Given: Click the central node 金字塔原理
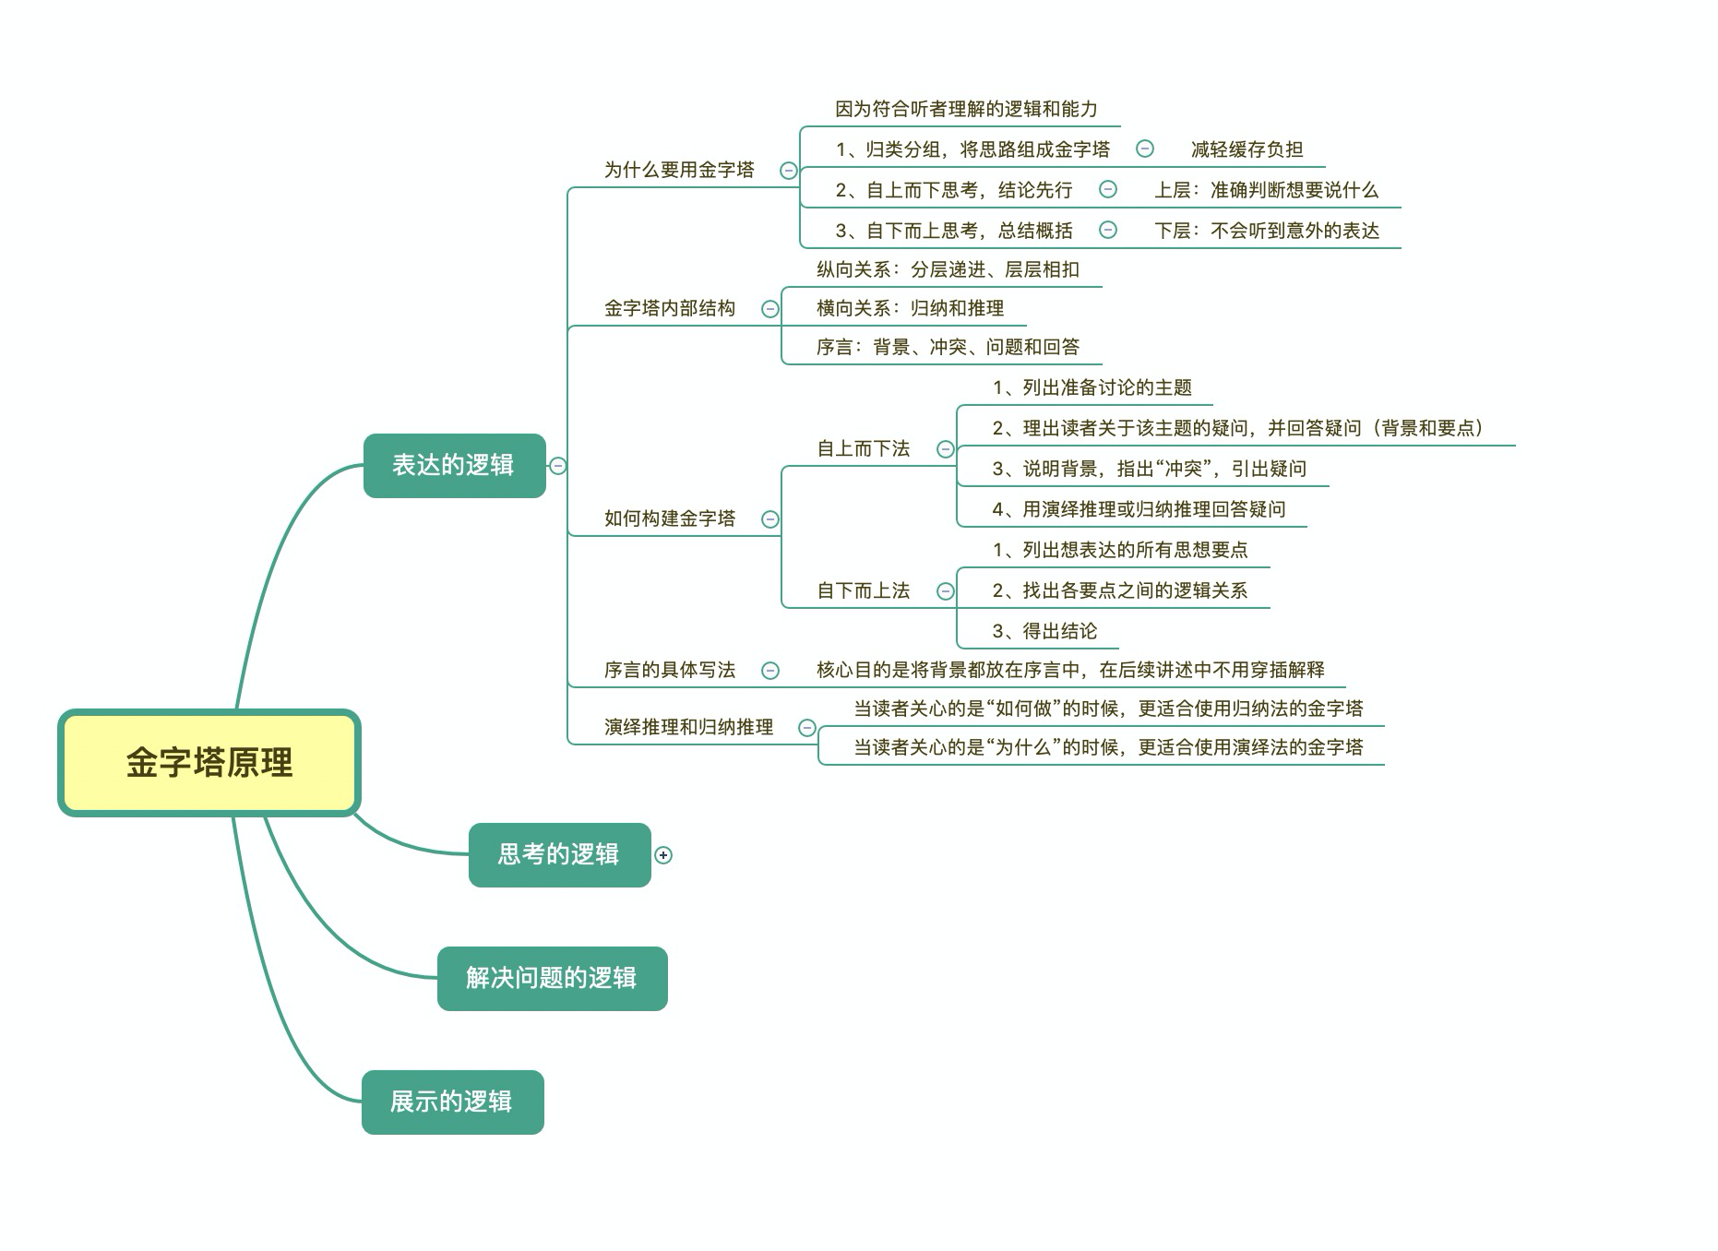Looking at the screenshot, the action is click(x=209, y=763).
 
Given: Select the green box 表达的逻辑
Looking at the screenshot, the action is click(x=454, y=465).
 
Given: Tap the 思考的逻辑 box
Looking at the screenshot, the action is click(x=559, y=854).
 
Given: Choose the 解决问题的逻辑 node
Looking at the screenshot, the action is click(x=552, y=978).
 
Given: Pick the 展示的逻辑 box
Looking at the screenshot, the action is click(x=452, y=1102).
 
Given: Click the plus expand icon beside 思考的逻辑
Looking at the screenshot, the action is click(x=663, y=855).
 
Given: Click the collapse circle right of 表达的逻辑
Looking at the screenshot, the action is click(x=557, y=466).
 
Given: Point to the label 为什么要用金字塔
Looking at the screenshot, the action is click(x=679, y=170).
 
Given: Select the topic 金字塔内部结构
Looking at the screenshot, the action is click(x=670, y=308).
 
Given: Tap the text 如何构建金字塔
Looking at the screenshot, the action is click(x=670, y=518).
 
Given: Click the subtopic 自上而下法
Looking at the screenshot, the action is click(x=864, y=448).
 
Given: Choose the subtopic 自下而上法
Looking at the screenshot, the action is click(x=864, y=590).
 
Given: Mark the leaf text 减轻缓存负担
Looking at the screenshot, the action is click(x=1247, y=149).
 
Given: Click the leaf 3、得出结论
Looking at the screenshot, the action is click(x=1044, y=631).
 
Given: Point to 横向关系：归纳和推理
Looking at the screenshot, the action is click(x=910, y=308).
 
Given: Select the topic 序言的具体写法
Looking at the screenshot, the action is click(x=670, y=670).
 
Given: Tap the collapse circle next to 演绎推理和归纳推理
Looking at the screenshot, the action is click(x=807, y=728).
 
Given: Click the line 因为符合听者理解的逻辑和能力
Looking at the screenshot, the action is click(x=966, y=109).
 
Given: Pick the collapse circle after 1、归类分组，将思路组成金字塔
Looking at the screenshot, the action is click(x=1145, y=149).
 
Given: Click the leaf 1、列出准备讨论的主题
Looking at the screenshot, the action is click(x=1092, y=387).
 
